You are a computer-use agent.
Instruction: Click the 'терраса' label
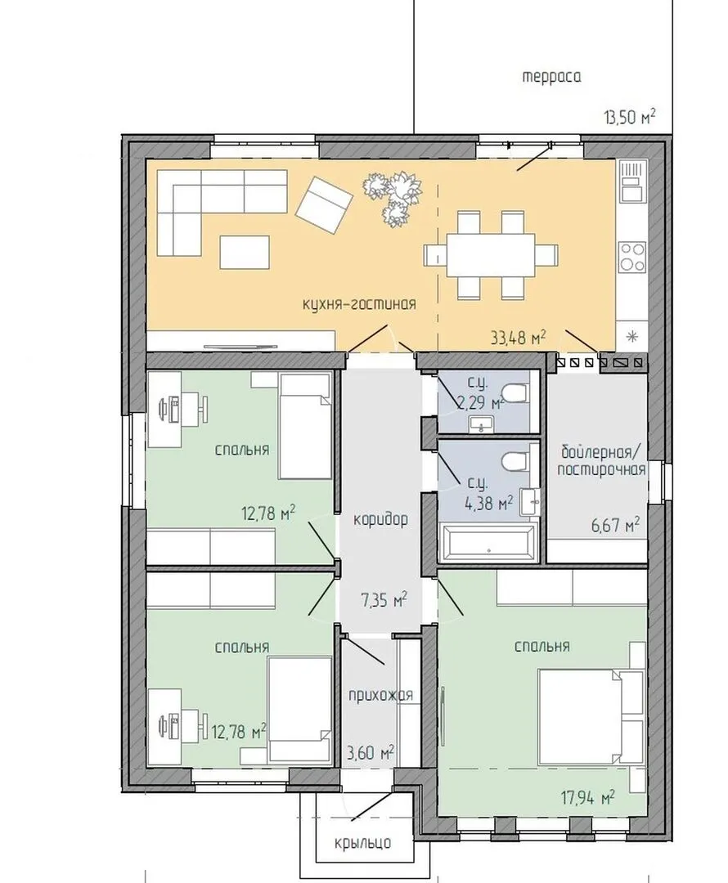(551, 77)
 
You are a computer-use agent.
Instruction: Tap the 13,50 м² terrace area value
(629, 117)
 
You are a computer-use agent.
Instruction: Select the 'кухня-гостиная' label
(359, 305)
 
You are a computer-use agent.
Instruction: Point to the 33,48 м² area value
(519, 338)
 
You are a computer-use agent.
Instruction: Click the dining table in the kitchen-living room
(491, 255)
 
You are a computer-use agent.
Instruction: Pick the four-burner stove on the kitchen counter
(632, 257)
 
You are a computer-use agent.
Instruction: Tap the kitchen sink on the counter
(632, 181)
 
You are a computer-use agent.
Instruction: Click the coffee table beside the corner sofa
(245, 253)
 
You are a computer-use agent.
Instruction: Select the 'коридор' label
(380, 520)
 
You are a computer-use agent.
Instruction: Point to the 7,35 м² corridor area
(384, 600)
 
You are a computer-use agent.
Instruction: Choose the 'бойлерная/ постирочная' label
(602, 460)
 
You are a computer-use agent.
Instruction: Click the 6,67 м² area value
(615, 525)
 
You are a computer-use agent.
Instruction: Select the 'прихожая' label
(380, 694)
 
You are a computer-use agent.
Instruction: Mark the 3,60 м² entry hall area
(371, 752)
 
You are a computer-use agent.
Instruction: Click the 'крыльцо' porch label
(362, 842)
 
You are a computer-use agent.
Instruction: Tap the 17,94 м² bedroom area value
(587, 797)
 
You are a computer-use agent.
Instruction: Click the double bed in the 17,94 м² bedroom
(591, 718)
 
